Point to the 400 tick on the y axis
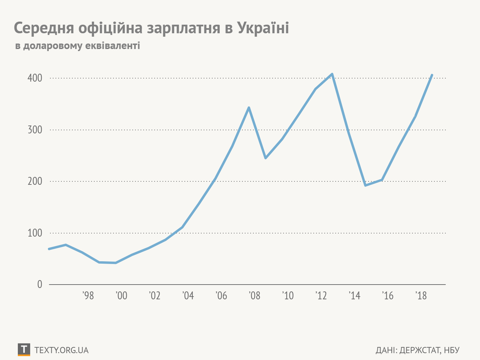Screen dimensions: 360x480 [x=35, y=78]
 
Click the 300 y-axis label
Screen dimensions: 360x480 [x=35, y=130]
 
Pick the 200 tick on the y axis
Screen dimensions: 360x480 [x=35, y=181]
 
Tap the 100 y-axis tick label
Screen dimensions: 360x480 [x=35, y=233]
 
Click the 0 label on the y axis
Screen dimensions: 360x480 [x=40, y=285]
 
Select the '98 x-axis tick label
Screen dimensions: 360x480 [x=88, y=296]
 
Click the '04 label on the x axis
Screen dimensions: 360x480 [x=188, y=296]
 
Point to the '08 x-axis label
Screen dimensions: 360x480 [x=254, y=296]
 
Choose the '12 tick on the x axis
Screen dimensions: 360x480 [x=321, y=296]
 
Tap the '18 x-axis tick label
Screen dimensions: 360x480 [x=421, y=296]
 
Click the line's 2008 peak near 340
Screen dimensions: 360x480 [x=249, y=108]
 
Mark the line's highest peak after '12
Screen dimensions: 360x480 [x=332, y=74]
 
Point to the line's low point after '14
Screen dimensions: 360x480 [x=365, y=185]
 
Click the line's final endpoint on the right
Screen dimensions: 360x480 [x=432, y=75]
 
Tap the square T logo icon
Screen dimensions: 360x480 [x=24, y=349]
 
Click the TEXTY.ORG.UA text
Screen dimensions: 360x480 [x=61, y=350]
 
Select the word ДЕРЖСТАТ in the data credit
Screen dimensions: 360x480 [x=420, y=350]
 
